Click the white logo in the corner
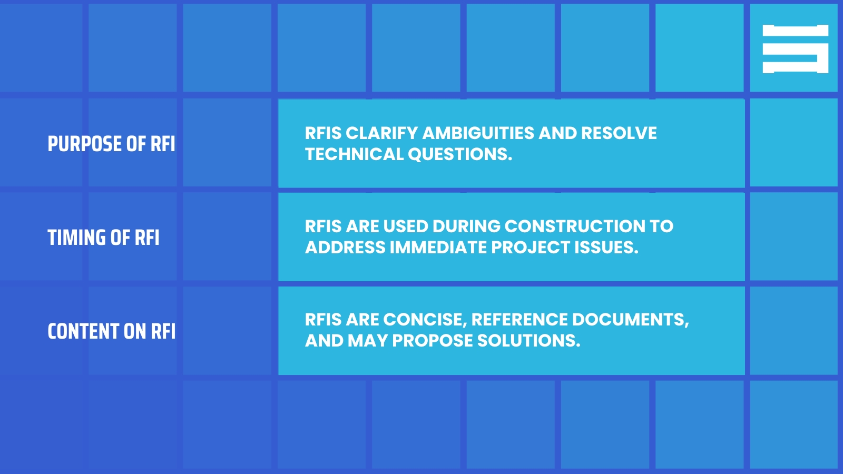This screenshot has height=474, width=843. (795, 49)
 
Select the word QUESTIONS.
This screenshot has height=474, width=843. (459, 154)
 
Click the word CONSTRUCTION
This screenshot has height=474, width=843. (574, 226)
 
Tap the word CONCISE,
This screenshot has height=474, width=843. (425, 320)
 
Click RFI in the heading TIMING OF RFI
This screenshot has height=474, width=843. (147, 238)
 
